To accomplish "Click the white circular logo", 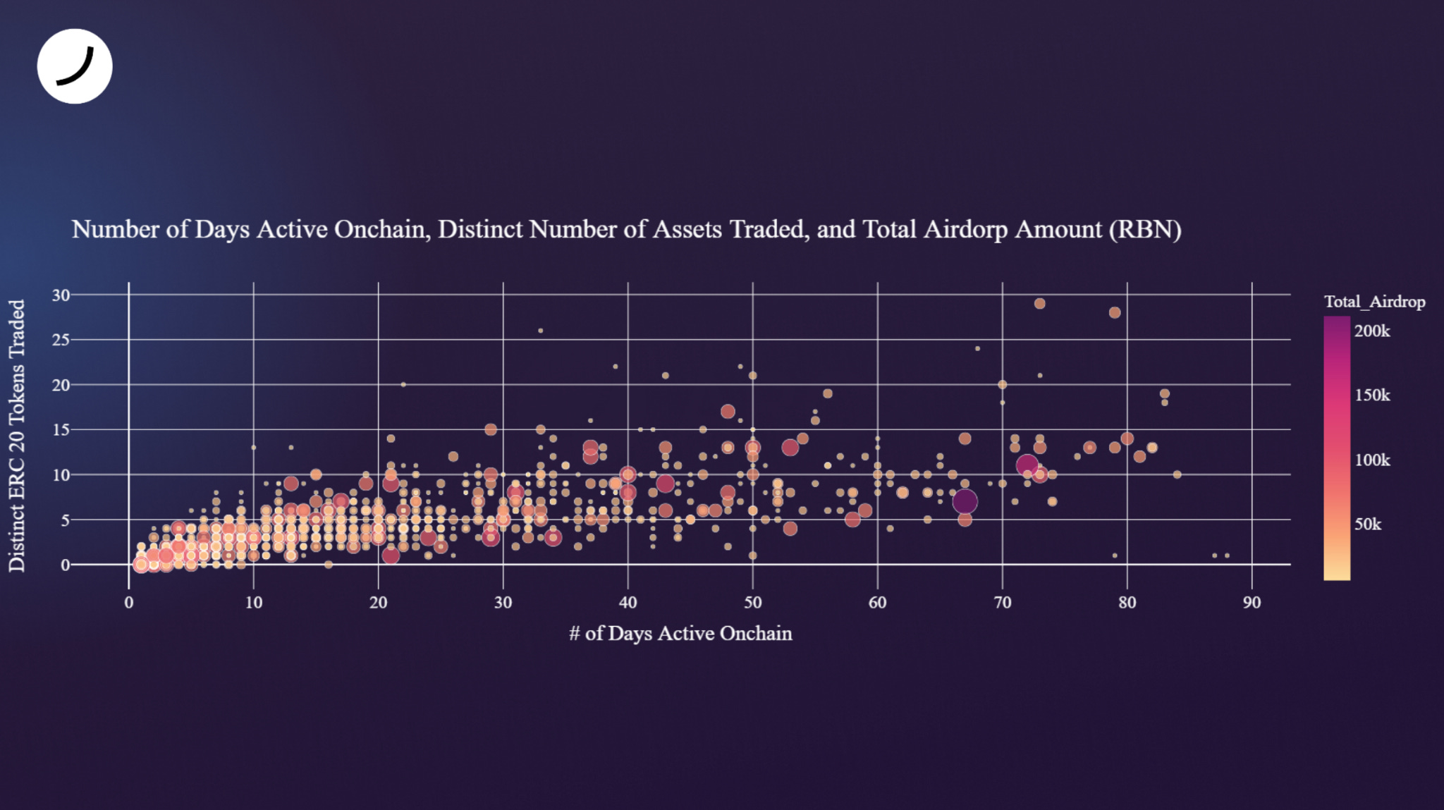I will [75, 66].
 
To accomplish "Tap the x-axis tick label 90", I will [1252, 603].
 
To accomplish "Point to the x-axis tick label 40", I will [628, 603].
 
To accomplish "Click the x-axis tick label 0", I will [129, 603].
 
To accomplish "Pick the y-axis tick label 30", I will [61, 295].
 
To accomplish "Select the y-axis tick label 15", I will [61, 430].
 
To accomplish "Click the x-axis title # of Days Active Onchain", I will [680, 633].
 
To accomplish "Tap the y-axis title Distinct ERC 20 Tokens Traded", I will [17, 436].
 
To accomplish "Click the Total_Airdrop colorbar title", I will [1374, 302].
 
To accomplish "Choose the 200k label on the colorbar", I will [1372, 331].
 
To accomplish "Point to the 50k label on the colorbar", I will [1368, 524].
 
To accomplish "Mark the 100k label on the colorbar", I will [1372, 460].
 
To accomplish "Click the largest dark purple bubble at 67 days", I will [965, 502].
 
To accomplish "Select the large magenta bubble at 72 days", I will [1027, 465].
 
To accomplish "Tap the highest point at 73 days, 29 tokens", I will [1039, 304].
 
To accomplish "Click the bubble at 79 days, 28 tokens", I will [1115, 313].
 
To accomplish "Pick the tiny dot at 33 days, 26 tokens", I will [541, 331].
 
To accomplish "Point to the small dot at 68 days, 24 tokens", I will [977, 348].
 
